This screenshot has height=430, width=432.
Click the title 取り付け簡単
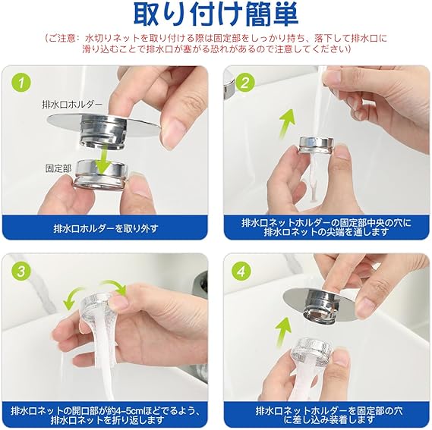pos(216,14)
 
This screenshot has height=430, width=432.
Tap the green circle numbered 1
pos(21,83)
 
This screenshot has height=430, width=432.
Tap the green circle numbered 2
pos(244,83)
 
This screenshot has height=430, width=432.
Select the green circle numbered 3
pos(21,271)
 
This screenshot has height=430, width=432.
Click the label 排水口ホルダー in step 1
pos(72,105)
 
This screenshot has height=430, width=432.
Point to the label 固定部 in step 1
pos(58,168)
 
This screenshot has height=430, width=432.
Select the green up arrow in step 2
pos(286,124)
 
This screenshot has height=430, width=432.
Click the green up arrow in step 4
pos(283,332)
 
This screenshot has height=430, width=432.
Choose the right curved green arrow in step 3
pos(115,287)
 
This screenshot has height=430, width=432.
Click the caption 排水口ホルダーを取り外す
pos(106,228)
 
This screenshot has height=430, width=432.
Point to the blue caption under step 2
pos(326,227)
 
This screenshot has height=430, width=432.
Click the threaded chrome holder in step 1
pos(103,130)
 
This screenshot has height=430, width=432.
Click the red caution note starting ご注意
pos(216,44)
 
